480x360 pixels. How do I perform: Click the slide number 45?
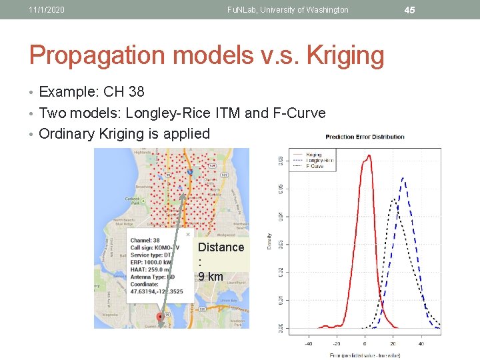[409, 9]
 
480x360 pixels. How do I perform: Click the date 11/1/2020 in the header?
[47, 10]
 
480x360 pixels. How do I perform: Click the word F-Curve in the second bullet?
[299, 113]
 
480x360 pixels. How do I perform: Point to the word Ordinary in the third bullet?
[67, 133]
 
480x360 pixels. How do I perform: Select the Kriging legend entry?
[313, 155]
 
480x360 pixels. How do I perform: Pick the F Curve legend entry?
[315, 166]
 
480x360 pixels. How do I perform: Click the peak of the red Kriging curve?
[367, 157]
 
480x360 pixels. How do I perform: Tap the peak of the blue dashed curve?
[404, 179]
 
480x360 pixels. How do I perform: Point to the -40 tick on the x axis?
[308, 344]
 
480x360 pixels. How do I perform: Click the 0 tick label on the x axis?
[365, 344]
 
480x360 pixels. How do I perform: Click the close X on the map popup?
[188, 234]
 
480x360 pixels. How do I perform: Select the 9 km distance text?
[211, 276]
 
